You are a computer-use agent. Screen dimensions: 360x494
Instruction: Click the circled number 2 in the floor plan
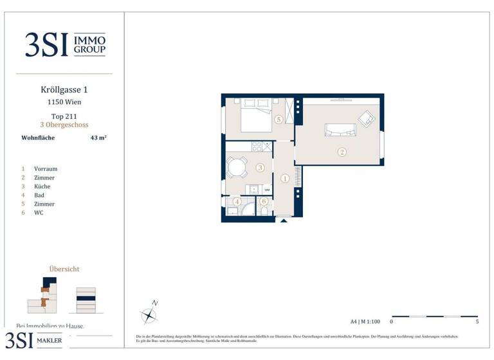pyautogui.click(x=342, y=152)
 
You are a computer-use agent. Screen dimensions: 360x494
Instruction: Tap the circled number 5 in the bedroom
pyautogui.click(x=279, y=120)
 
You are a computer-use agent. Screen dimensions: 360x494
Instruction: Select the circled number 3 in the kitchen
pyautogui.click(x=260, y=168)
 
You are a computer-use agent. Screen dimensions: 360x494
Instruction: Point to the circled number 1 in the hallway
pyautogui.click(x=285, y=178)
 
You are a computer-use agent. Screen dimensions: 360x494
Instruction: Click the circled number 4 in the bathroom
pyautogui.click(x=237, y=201)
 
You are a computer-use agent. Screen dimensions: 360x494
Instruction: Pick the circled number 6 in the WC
pyautogui.click(x=264, y=201)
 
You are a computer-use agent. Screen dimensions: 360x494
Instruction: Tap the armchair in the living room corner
pyautogui.click(x=367, y=118)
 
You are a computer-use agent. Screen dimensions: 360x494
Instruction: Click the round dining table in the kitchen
pyautogui.click(x=237, y=168)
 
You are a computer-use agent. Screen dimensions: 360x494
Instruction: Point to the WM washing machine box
pyautogui.click(x=266, y=190)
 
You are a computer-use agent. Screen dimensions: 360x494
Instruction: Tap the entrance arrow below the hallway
pyautogui.click(x=283, y=219)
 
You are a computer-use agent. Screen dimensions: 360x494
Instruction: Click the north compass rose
pyautogui.click(x=149, y=314)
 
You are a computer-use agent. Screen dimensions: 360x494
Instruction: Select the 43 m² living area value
pyautogui.click(x=98, y=138)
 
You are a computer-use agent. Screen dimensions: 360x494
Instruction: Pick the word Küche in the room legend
pyautogui.click(x=42, y=186)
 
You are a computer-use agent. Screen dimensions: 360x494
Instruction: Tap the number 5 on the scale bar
pyautogui.click(x=477, y=321)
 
